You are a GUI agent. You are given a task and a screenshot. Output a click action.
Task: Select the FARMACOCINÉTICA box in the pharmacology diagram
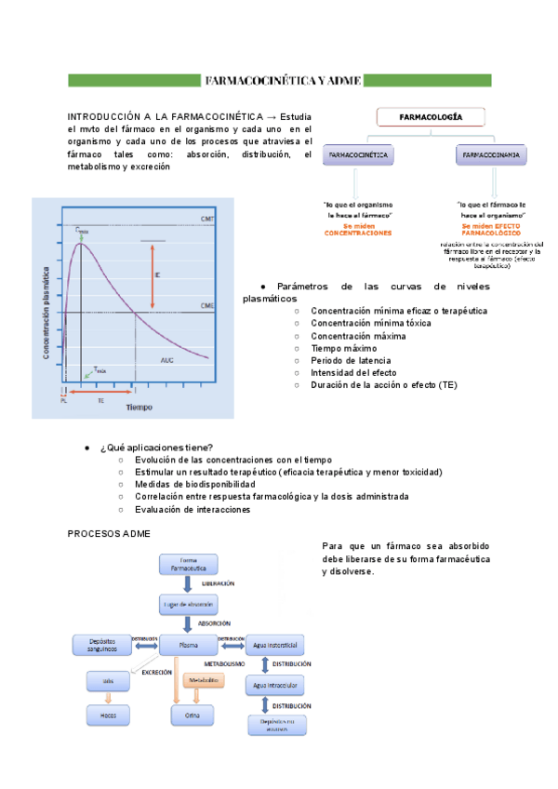358,154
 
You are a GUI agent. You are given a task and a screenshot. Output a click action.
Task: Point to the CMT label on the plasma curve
206,220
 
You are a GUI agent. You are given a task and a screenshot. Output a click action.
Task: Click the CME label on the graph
206,305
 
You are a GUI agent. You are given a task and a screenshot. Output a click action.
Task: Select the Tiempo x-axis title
140,408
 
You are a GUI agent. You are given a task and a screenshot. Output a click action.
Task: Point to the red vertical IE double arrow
153,275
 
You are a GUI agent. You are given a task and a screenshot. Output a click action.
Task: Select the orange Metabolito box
204,681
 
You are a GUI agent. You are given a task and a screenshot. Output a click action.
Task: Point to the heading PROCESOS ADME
110,533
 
